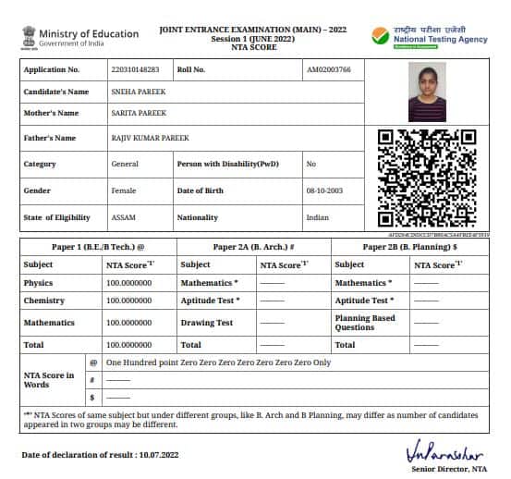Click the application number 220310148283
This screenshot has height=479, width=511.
point(134,69)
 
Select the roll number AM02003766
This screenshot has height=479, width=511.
point(328,69)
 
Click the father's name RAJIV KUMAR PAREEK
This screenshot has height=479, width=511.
point(149,138)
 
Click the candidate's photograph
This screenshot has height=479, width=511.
point(426,92)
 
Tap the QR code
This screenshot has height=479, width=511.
point(426,178)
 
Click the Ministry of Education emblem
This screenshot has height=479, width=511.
point(28,37)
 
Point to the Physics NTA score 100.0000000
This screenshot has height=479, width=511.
point(128,283)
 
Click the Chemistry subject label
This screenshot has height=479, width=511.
point(43,301)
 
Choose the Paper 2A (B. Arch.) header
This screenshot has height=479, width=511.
point(252,247)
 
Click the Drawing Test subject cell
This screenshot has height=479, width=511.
point(207,323)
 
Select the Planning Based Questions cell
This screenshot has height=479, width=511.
point(364,323)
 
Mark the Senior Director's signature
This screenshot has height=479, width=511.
point(444,455)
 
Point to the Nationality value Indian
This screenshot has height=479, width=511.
point(317,217)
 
